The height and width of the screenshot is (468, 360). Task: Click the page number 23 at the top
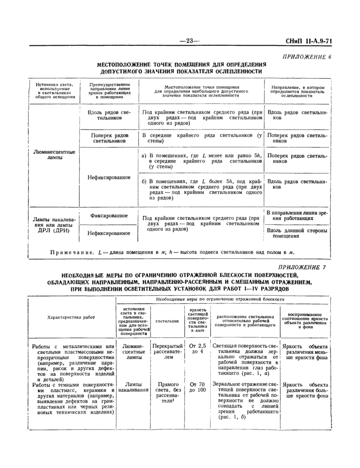(188, 41)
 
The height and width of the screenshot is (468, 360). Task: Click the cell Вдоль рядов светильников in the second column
(109, 115)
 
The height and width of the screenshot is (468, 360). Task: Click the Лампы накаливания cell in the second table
(132, 387)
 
